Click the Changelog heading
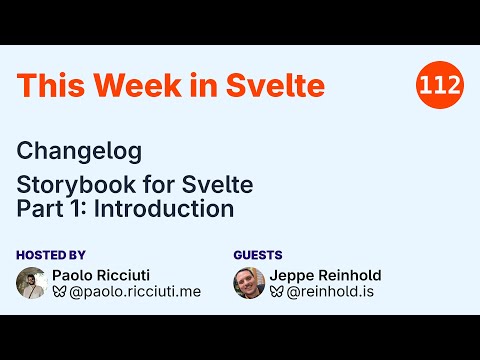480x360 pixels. tap(79, 151)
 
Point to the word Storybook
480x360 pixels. tap(71, 185)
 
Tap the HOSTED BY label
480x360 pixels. tap(51, 255)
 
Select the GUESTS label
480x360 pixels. tap(258, 255)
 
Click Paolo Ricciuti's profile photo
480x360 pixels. tap(32, 283)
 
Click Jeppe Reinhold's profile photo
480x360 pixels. tap(249, 283)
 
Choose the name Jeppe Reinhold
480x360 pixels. tap(325, 275)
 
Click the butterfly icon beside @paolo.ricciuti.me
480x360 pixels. tap(59, 292)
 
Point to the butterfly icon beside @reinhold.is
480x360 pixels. tap(276, 292)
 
